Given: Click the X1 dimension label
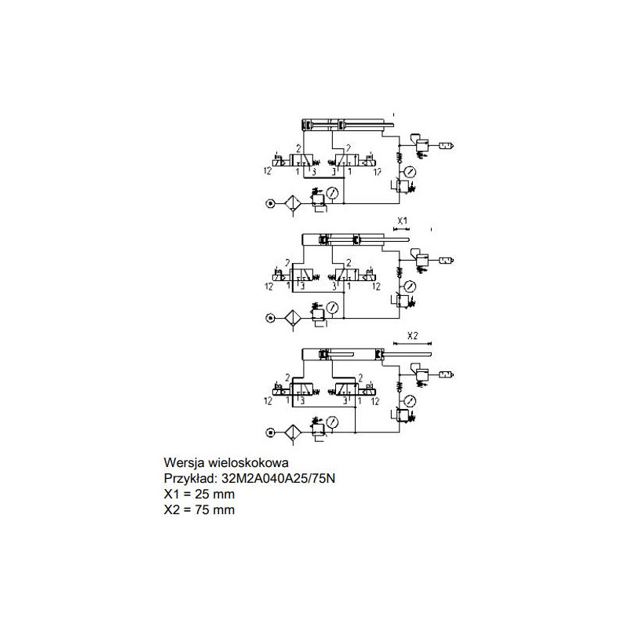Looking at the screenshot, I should pyautogui.click(x=402, y=220).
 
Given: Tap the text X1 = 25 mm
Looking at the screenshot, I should pyautogui.click(x=199, y=494).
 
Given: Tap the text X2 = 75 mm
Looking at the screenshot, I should pyautogui.click(x=199, y=509).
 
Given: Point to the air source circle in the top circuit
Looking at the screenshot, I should pyautogui.click(x=270, y=203).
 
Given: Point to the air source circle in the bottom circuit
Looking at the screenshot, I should pyautogui.click(x=270, y=432).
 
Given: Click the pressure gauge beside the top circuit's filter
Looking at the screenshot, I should pyautogui.click(x=334, y=191).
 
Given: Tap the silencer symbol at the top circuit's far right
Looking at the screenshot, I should pyautogui.click(x=447, y=145).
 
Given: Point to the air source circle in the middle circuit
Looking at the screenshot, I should pyautogui.click(x=270, y=317).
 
